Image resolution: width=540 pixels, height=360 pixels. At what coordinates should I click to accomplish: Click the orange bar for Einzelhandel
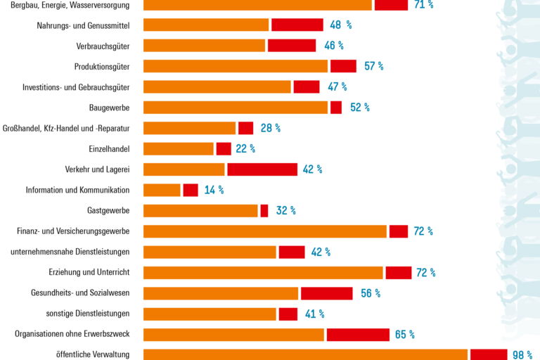click(x=179, y=148)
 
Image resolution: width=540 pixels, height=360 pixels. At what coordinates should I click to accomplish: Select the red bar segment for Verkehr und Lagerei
click(x=262, y=169)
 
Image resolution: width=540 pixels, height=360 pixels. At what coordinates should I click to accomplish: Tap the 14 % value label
click(x=214, y=190)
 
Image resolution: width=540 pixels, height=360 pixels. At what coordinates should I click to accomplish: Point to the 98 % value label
click(x=522, y=354)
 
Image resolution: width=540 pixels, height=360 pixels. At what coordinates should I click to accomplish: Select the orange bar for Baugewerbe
click(x=236, y=108)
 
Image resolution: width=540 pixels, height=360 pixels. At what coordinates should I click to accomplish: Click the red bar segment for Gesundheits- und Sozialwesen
click(x=326, y=293)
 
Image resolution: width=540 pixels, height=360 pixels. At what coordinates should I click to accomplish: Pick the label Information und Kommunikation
click(x=77, y=190)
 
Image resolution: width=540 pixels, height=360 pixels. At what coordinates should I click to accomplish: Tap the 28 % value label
click(x=271, y=128)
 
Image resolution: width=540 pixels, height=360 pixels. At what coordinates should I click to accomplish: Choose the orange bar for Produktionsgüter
click(x=236, y=66)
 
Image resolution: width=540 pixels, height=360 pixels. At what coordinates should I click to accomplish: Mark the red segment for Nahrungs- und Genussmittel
click(x=297, y=25)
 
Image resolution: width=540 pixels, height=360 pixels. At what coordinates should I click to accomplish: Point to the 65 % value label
click(x=404, y=335)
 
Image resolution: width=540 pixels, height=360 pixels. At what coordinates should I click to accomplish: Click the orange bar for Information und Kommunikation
click(x=162, y=190)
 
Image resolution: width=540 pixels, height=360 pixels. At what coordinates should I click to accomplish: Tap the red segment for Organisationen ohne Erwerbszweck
click(x=357, y=334)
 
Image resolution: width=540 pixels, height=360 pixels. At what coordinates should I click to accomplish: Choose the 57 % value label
click(x=373, y=66)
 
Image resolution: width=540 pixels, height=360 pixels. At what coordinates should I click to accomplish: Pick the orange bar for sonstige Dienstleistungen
click(x=210, y=314)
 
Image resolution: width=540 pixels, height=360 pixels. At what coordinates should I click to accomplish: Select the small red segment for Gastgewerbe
click(x=264, y=210)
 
